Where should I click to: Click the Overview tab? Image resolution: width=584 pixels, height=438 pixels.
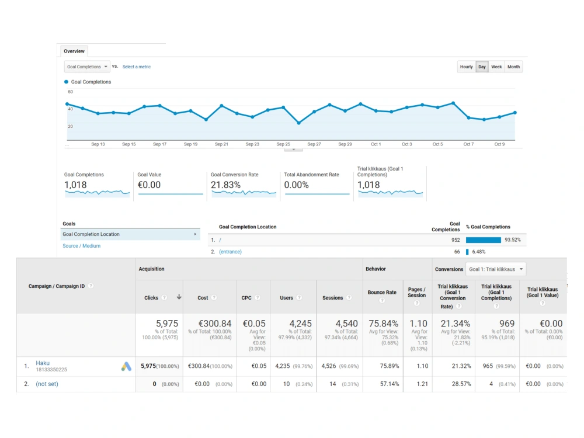[x=74, y=51]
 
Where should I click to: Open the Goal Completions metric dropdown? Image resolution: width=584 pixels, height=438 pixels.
[x=87, y=67]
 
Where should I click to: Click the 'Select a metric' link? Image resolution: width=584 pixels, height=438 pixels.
[x=137, y=67]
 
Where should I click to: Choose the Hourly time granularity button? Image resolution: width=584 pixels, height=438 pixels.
[x=466, y=67]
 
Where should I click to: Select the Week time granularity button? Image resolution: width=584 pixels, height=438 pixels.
[x=496, y=67]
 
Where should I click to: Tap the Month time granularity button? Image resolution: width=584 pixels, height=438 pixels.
[x=513, y=67]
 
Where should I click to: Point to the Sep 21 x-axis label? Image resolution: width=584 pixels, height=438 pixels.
[x=221, y=144]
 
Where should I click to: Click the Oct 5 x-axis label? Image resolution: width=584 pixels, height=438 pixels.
[x=437, y=144]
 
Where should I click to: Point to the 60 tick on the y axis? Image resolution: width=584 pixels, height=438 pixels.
[x=71, y=92]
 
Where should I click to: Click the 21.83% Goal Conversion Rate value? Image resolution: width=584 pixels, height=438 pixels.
[x=225, y=185]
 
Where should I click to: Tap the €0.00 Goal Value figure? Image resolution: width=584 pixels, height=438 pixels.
[x=149, y=185]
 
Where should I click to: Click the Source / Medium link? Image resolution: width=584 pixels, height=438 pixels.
[x=82, y=246]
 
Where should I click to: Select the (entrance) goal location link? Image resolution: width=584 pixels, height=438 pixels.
[x=230, y=252]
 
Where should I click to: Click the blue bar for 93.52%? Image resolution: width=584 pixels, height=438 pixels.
[x=484, y=240]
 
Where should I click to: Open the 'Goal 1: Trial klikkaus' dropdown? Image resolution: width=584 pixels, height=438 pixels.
[x=496, y=269]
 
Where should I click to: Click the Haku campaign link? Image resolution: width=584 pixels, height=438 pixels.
[x=43, y=363]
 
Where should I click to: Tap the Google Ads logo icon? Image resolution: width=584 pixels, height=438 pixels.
[x=126, y=367]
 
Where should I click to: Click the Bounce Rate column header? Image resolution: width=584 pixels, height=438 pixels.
[x=382, y=293]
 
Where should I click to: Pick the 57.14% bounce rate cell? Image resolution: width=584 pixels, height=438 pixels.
[x=389, y=384]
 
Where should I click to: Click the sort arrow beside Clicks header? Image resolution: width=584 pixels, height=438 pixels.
[x=179, y=297]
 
